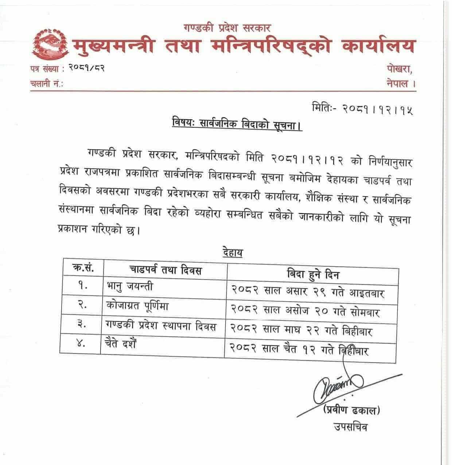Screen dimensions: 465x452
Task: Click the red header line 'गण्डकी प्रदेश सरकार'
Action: (226, 27)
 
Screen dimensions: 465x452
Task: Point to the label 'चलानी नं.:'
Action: (47, 84)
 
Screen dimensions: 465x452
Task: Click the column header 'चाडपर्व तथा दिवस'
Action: (166, 271)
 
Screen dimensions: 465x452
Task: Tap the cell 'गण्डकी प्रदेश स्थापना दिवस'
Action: (160, 326)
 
